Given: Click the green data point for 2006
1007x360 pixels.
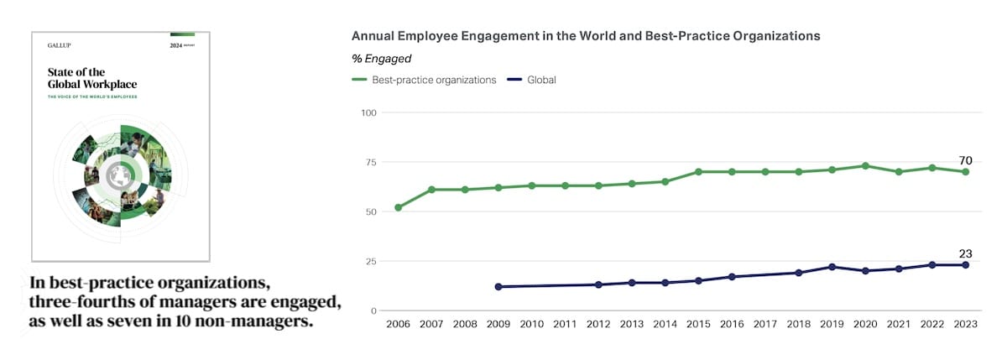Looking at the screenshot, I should pos(398,207).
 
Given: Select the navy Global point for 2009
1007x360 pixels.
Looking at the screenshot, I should pos(498,287).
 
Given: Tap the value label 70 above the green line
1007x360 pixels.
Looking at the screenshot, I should pos(965,160).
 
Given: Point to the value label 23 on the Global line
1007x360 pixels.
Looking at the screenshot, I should pos(965,254).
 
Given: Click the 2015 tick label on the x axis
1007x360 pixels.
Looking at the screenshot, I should pos(697,324).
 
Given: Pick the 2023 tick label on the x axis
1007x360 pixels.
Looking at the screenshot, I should pos(965,324).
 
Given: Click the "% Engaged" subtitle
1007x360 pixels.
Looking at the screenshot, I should pos(381,59).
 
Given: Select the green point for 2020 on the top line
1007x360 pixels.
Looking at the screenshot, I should pos(865,166).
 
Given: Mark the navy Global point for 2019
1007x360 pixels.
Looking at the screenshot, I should pos(832,267).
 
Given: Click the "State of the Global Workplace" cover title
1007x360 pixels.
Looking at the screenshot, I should pos(92,78).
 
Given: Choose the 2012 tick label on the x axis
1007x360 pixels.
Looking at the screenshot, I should pos(598,324).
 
